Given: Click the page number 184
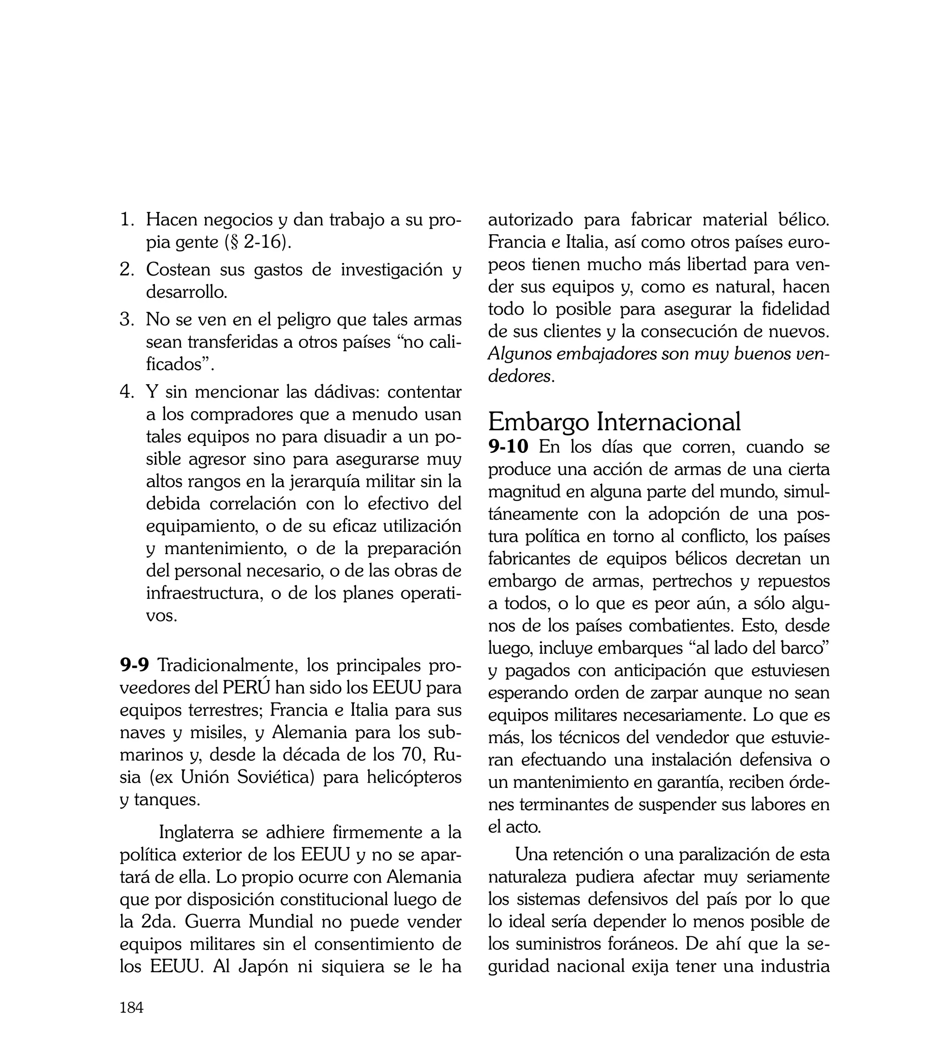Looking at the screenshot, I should pyautogui.click(x=132, y=1007).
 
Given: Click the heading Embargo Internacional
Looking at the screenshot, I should pyautogui.click(x=614, y=422).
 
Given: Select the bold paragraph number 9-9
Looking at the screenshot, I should pyautogui.click(x=135, y=665).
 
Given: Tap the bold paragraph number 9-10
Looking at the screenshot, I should pyautogui.click(x=508, y=447).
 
